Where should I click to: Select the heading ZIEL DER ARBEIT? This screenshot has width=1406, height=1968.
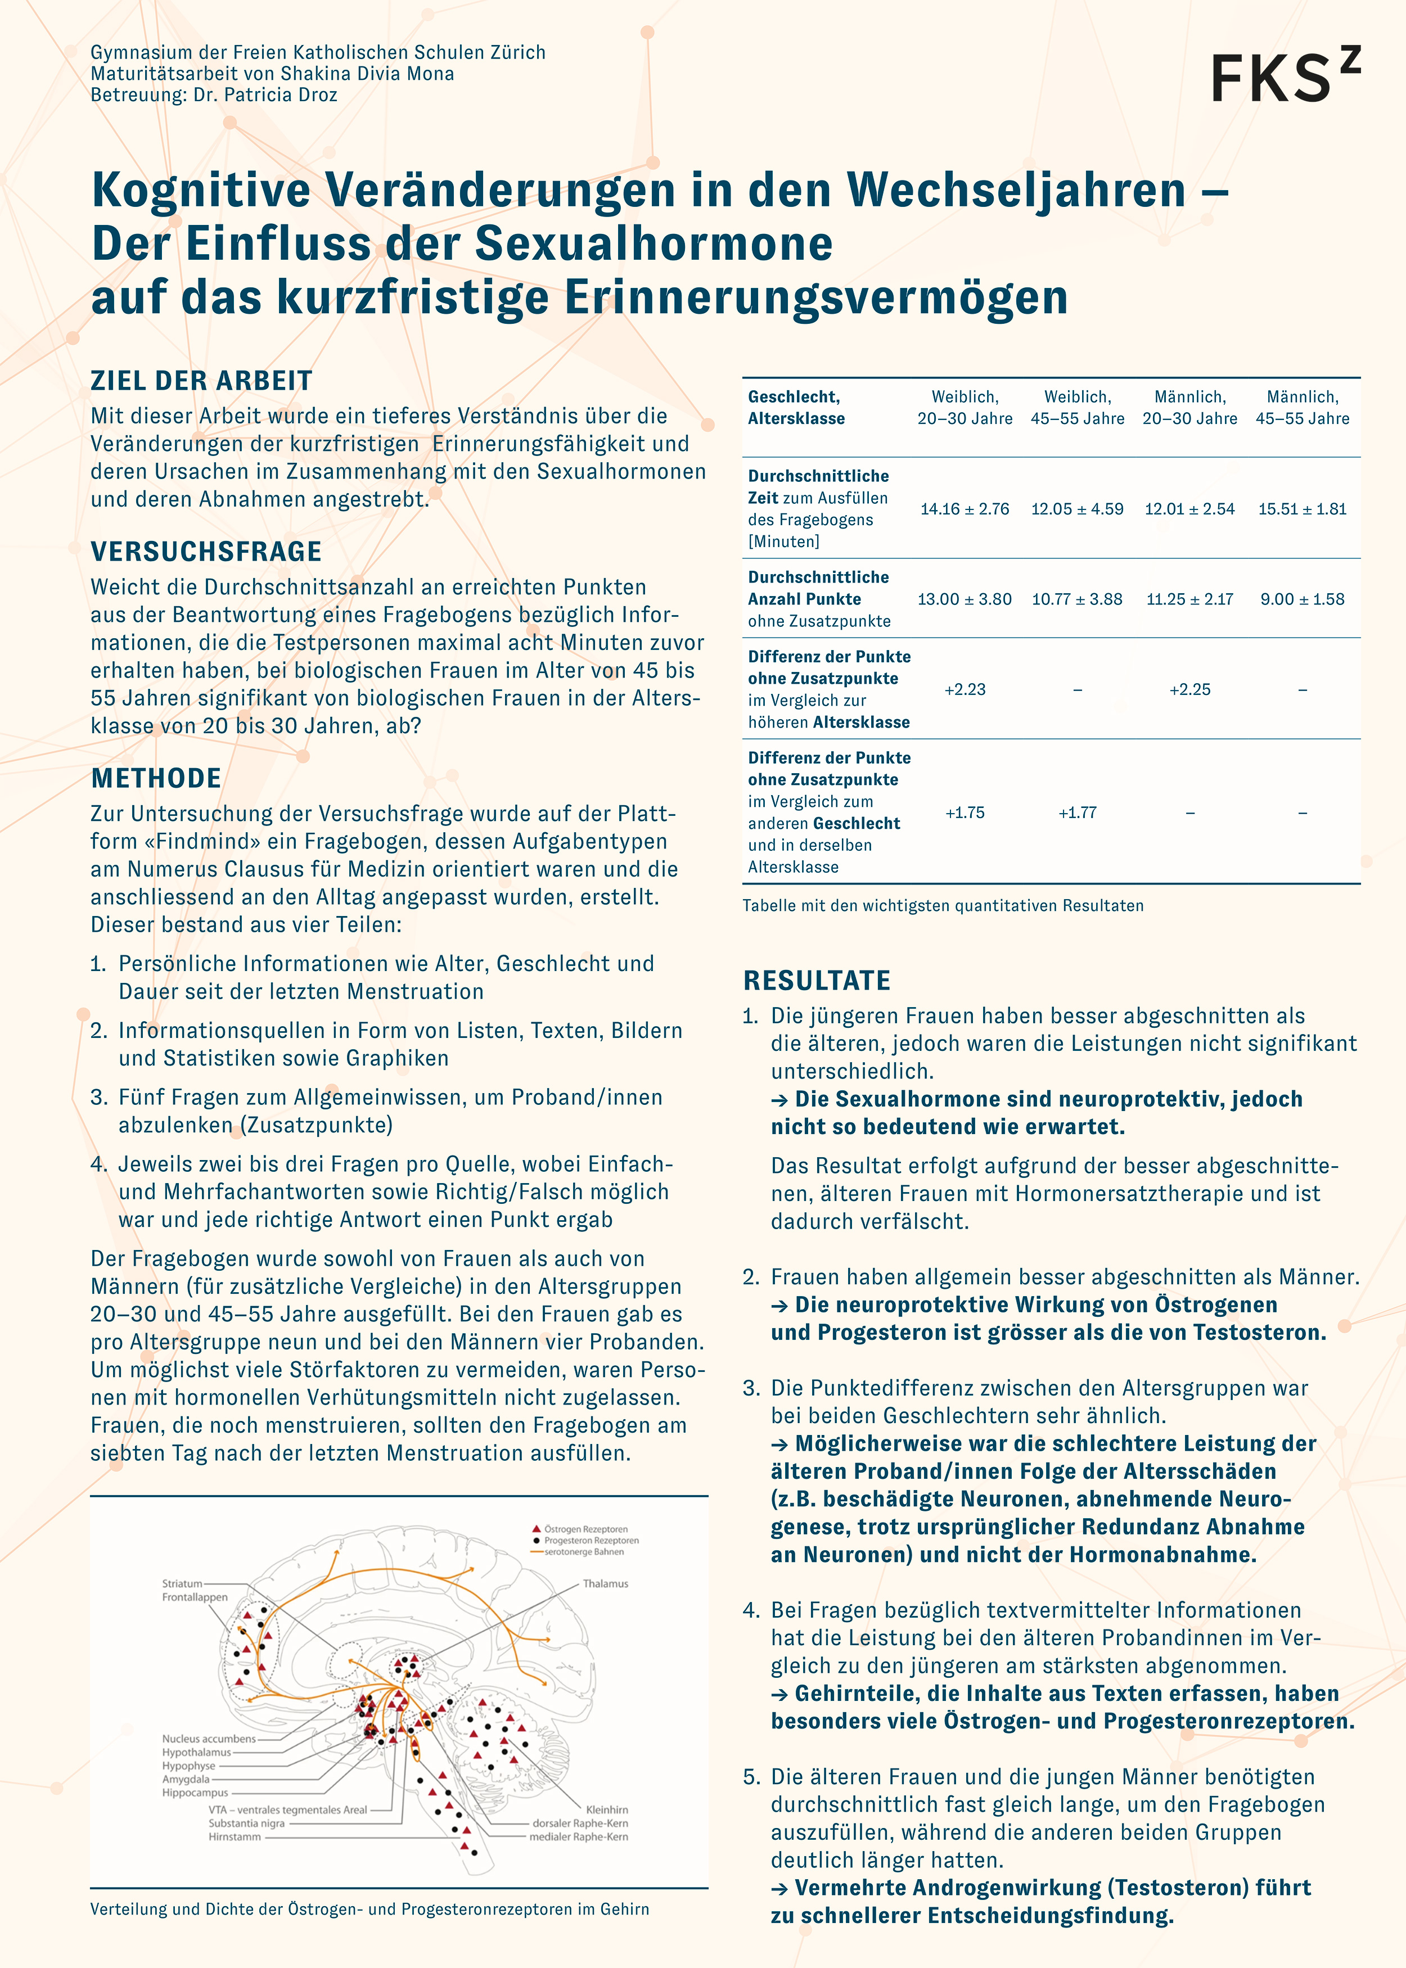point(201,381)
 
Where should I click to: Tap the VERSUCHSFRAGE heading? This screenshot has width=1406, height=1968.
point(206,551)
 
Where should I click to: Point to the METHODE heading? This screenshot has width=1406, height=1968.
point(156,778)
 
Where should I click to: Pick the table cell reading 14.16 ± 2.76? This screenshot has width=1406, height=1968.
point(965,509)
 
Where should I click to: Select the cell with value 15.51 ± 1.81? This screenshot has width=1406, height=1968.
point(1302,509)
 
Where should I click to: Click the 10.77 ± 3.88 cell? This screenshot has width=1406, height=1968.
point(1077,599)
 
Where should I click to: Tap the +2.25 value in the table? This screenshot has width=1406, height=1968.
point(1189,690)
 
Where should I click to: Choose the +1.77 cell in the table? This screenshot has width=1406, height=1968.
point(1077,813)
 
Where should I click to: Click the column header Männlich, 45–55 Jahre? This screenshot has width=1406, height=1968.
point(1302,408)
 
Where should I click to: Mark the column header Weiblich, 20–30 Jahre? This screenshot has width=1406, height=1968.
point(965,408)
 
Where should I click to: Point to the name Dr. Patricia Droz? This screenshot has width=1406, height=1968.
point(265,95)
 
